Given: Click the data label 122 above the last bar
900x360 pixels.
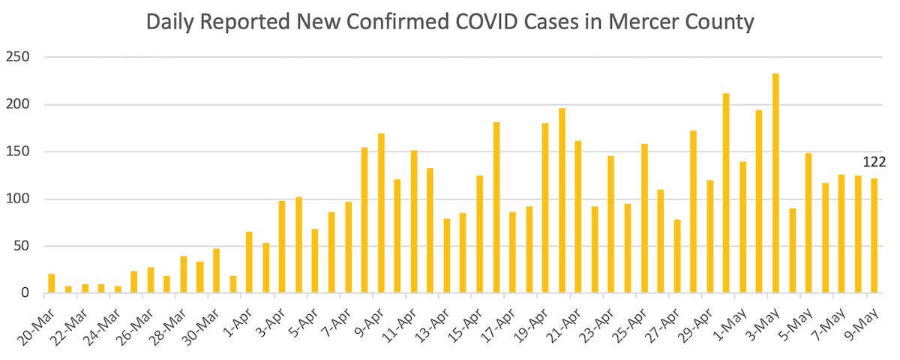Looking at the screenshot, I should tap(874, 162).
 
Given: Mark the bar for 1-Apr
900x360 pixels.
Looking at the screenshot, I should tap(249, 262).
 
